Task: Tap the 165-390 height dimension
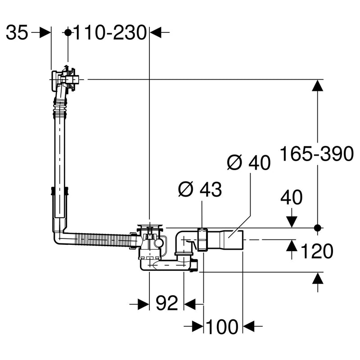(x=316, y=154)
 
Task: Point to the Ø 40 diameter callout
(x=248, y=162)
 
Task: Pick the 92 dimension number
(x=166, y=305)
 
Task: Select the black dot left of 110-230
(x=68, y=32)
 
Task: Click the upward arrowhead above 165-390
(x=318, y=86)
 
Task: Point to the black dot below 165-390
(x=318, y=227)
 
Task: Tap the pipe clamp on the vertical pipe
(x=59, y=192)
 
